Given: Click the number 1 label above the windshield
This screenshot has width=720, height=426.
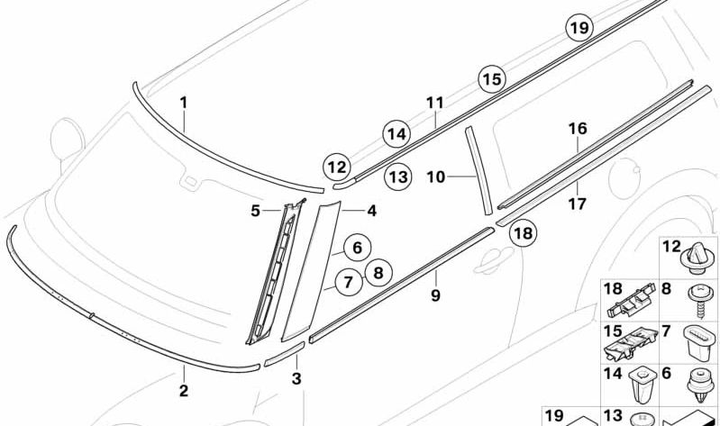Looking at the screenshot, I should pos(183,103).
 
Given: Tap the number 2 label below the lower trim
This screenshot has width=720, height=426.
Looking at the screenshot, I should pos(183,390).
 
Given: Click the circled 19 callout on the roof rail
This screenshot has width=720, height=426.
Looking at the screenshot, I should pos(579,28).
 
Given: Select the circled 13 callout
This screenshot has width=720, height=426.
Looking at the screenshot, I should pos(397,177).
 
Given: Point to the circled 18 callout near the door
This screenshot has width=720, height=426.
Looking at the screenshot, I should pos(523,234).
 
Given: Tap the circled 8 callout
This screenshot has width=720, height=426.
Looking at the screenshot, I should pos(378,271).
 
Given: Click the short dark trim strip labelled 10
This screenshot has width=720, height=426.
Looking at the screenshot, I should pos(478,171).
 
